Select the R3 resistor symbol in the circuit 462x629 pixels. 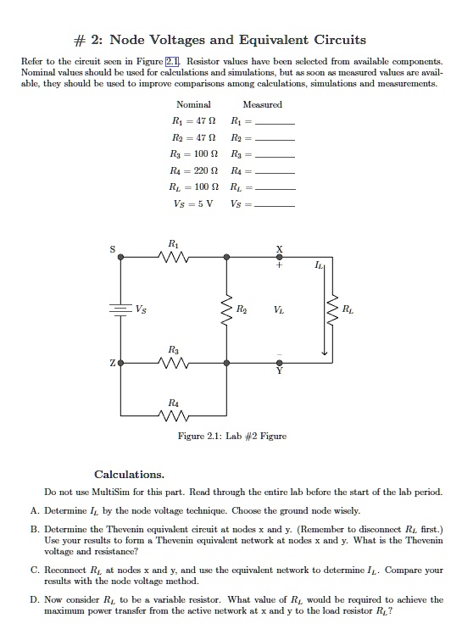point(175,362)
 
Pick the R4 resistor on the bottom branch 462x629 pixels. point(175,415)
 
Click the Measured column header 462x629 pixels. point(262,104)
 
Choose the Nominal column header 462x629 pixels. point(193,104)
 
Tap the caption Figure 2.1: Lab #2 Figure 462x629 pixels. point(231,436)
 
